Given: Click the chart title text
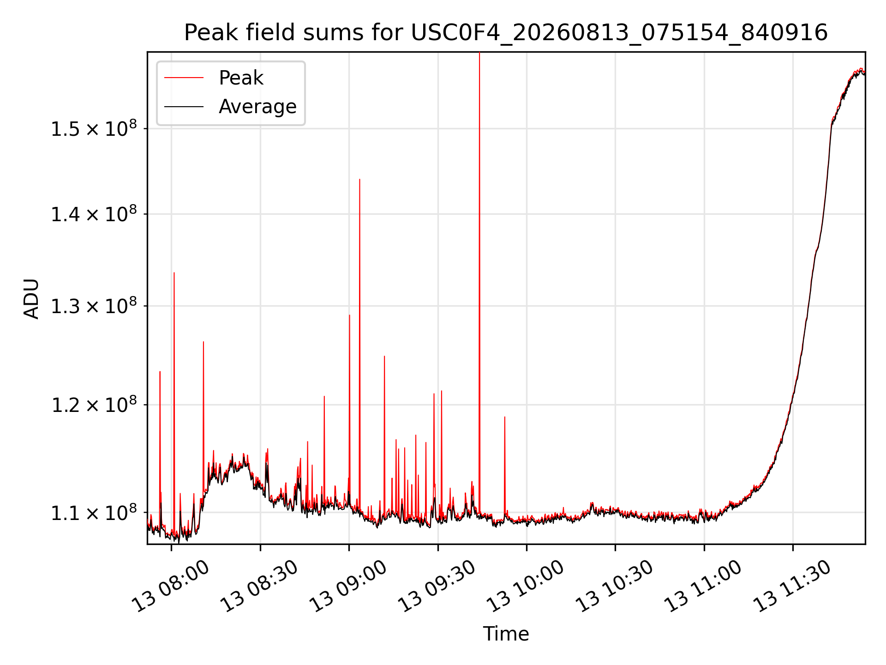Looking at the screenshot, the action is coord(506,33).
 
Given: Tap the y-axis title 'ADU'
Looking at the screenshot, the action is coord(31,298).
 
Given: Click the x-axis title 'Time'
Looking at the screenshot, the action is coord(506,634).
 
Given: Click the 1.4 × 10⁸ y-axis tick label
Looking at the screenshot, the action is coord(94,214).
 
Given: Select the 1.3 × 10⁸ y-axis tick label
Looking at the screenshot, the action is coord(94,306).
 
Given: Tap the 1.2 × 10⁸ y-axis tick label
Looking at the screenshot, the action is coord(94,405).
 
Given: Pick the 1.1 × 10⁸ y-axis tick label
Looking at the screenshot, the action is coord(94,512).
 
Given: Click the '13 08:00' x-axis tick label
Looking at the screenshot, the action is coord(170,586).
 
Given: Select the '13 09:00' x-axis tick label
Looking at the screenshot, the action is coord(348,586).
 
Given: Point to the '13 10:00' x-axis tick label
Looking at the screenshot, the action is coord(526,586).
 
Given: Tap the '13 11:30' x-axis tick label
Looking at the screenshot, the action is coord(792,586).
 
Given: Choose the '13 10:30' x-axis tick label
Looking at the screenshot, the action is coord(614,586).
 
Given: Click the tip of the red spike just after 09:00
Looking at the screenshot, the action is coord(359,179).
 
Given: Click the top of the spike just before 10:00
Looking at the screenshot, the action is coord(504,417).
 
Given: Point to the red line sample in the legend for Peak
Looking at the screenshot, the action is coord(184,78).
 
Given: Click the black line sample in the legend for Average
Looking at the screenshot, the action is coord(184,107).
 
